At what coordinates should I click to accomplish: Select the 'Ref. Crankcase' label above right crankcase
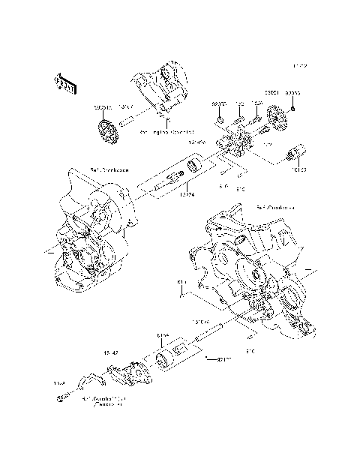(x=273, y=208)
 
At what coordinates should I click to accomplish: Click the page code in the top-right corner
(x=301, y=66)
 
